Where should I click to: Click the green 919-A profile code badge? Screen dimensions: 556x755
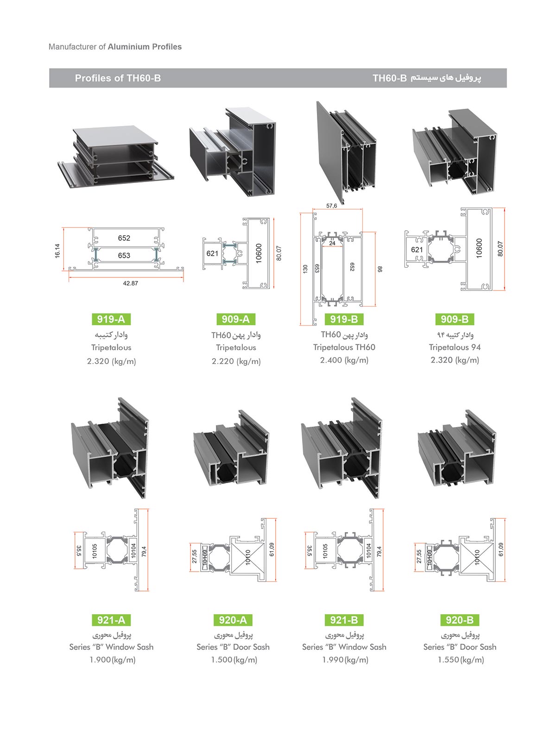(x=111, y=319)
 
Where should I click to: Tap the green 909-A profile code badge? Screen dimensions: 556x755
(x=236, y=319)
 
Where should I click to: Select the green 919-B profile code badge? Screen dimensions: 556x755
(x=344, y=319)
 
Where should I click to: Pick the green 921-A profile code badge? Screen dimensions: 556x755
(x=111, y=620)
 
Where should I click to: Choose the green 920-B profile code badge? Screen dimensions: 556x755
(x=460, y=620)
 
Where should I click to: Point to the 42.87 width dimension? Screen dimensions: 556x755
(x=131, y=283)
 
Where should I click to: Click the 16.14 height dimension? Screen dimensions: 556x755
(x=57, y=251)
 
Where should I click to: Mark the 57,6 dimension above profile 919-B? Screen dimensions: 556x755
(x=331, y=206)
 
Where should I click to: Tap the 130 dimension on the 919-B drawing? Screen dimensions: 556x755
(x=305, y=269)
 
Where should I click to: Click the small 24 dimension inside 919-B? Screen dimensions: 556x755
(x=332, y=243)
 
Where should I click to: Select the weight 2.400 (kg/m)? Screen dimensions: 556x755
(x=344, y=360)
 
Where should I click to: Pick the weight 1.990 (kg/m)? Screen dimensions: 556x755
(x=345, y=660)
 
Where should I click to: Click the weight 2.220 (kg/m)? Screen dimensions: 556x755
(x=236, y=361)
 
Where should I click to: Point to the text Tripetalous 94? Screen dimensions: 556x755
(x=455, y=347)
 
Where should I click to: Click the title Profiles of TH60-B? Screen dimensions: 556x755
(x=118, y=78)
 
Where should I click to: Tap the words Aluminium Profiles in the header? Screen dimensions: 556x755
(x=145, y=46)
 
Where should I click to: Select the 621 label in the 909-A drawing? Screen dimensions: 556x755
(x=212, y=253)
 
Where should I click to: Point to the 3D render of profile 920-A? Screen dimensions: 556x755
(x=231, y=448)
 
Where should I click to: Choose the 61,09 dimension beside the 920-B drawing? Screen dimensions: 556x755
(x=501, y=549)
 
